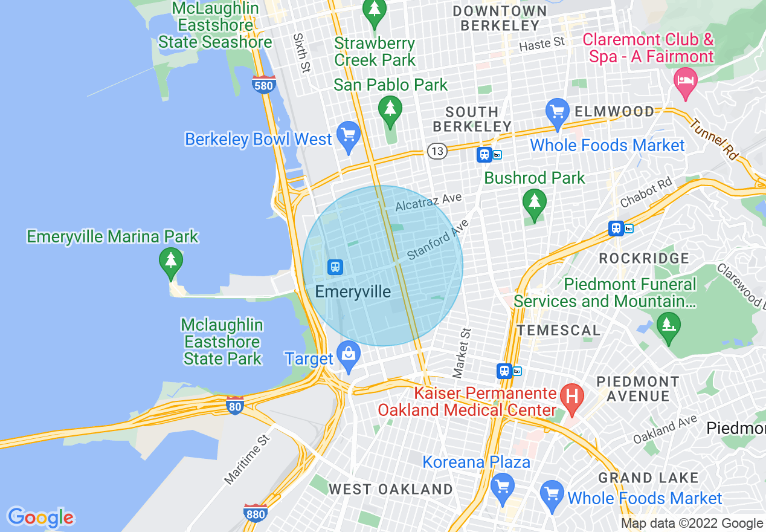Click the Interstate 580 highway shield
click(x=264, y=85)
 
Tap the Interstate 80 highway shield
click(x=235, y=406)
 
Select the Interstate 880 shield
click(x=256, y=513)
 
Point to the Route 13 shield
click(x=437, y=151)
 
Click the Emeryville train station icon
click(x=335, y=267)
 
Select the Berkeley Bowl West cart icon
click(x=348, y=134)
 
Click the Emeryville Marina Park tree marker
click(x=171, y=262)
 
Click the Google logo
click(x=40, y=517)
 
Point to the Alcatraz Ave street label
click(x=428, y=202)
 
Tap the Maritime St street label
click(x=246, y=458)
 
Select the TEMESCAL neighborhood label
click(x=559, y=330)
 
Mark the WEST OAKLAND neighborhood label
click(x=390, y=489)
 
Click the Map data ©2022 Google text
click(x=692, y=524)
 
